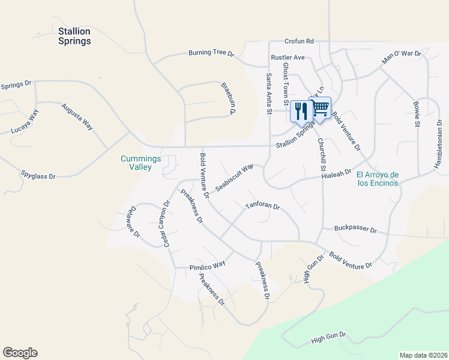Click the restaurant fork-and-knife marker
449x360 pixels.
coord(301,110)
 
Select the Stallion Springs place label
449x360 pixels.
coord(75,36)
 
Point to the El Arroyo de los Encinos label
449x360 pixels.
coord(377,179)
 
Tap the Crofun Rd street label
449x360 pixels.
coord(300,41)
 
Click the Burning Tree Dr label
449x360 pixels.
coord(211,53)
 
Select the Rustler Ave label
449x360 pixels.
coord(288,57)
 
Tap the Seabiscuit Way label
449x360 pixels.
coord(235,178)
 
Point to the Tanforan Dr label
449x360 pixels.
coord(262,206)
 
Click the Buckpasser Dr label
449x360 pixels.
coord(355,229)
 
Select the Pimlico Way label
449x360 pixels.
coord(207,264)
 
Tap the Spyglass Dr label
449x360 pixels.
coord(38,176)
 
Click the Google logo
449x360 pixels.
coord(20,353)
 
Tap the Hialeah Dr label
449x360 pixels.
coord(336,173)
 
